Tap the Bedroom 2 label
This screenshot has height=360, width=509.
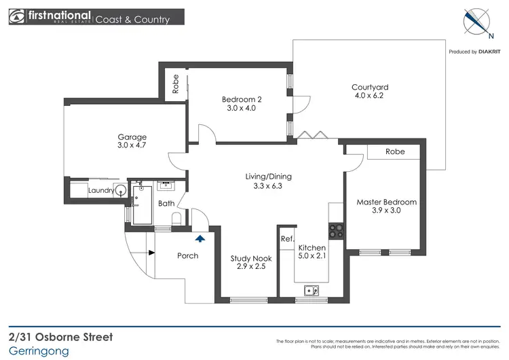(242, 101)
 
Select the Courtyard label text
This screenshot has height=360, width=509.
(370, 87)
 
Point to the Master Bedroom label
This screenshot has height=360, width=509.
(386, 202)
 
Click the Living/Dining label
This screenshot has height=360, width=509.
(268, 177)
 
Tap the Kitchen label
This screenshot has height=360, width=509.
(312, 249)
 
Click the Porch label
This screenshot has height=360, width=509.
(187, 255)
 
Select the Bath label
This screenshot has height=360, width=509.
(166, 203)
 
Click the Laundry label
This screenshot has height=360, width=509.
(101, 191)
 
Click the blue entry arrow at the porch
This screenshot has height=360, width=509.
(200, 238)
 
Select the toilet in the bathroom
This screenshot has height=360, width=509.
(176, 219)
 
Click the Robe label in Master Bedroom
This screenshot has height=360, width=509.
(395, 151)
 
